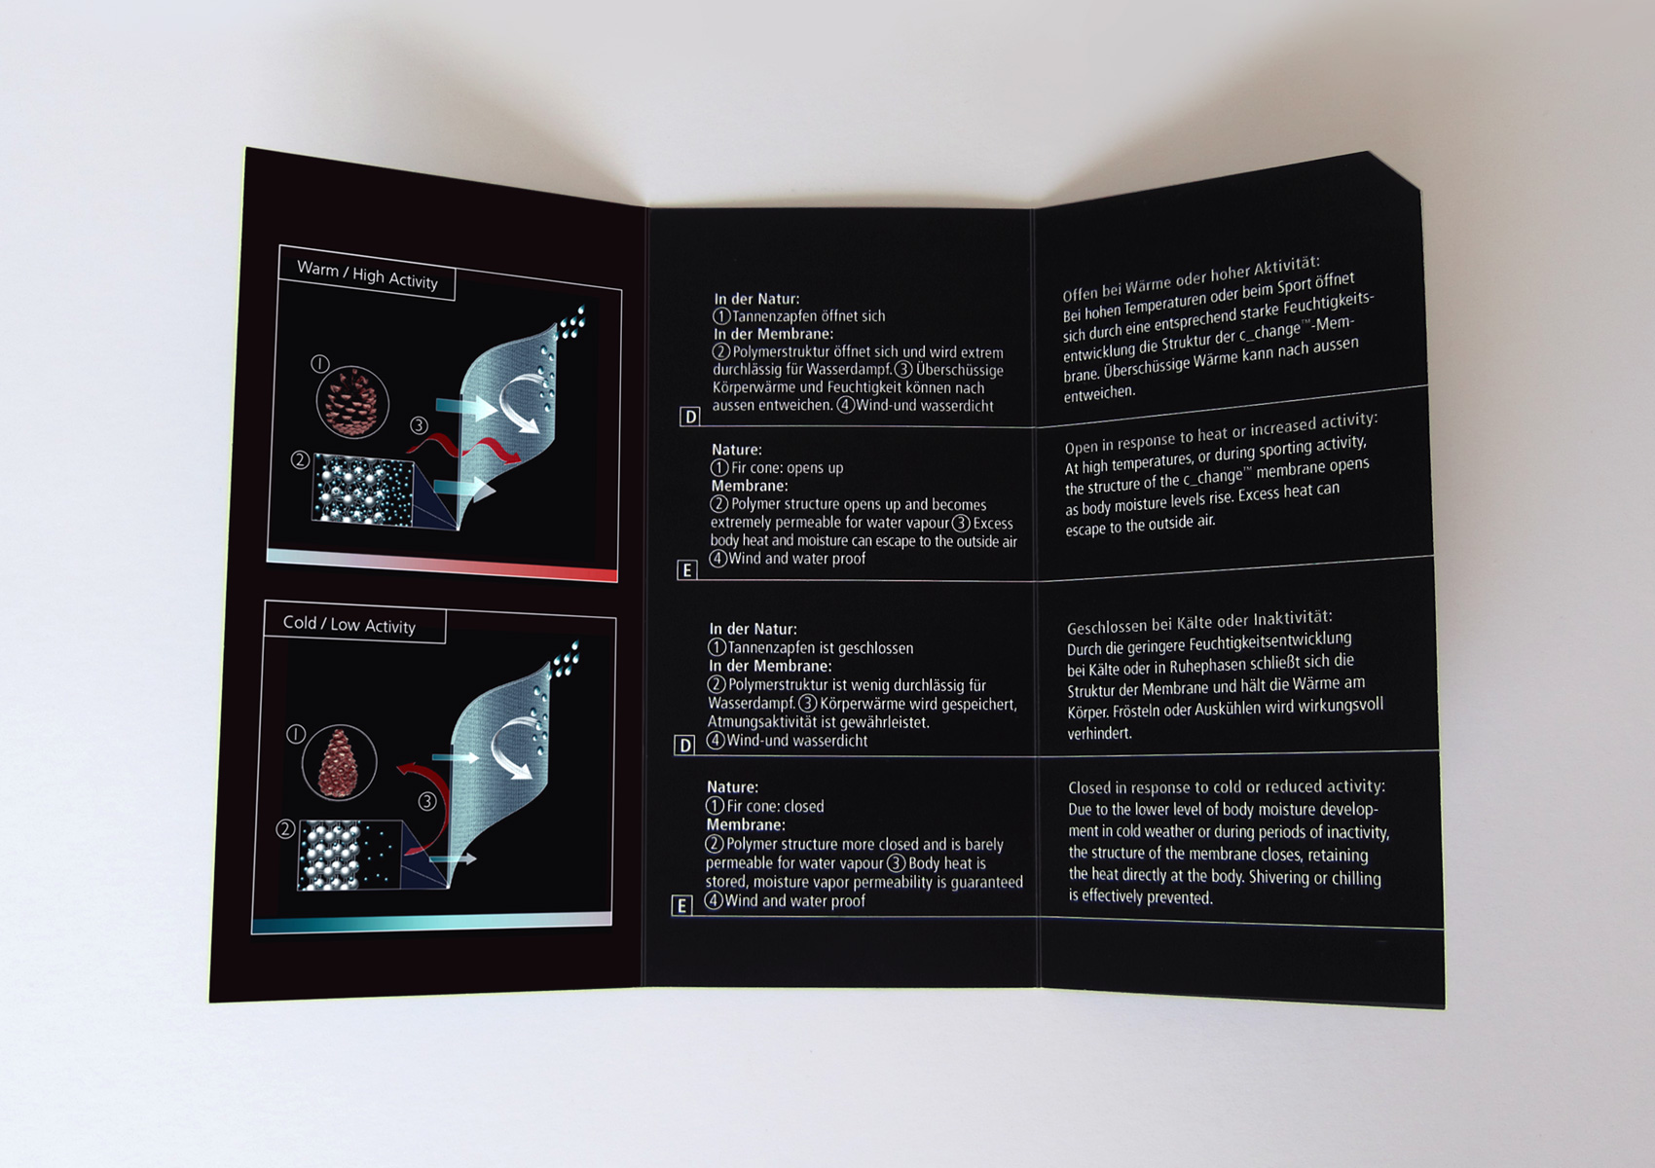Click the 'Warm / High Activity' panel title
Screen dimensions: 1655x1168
coord(367,274)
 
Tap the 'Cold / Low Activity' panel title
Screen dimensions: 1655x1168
coord(349,624)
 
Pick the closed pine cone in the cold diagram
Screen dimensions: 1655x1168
coord(339,763)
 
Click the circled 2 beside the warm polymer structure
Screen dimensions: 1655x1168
coord(299,460)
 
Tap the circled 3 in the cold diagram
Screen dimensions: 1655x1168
coord(427,802)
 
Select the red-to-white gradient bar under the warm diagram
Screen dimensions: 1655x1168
coord(442,565)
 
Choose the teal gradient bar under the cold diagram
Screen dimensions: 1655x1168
coord(432,922)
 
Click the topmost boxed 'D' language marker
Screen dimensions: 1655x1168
coord(690,417)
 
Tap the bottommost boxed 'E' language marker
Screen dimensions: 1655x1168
coord(681,906)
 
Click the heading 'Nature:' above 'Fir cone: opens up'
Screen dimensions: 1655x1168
coord(736,449)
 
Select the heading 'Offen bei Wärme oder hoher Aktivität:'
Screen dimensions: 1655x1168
coord(1191,279)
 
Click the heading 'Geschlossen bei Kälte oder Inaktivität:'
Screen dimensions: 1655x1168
coord(1199,622)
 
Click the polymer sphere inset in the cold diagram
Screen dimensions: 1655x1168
coord(349,855)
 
